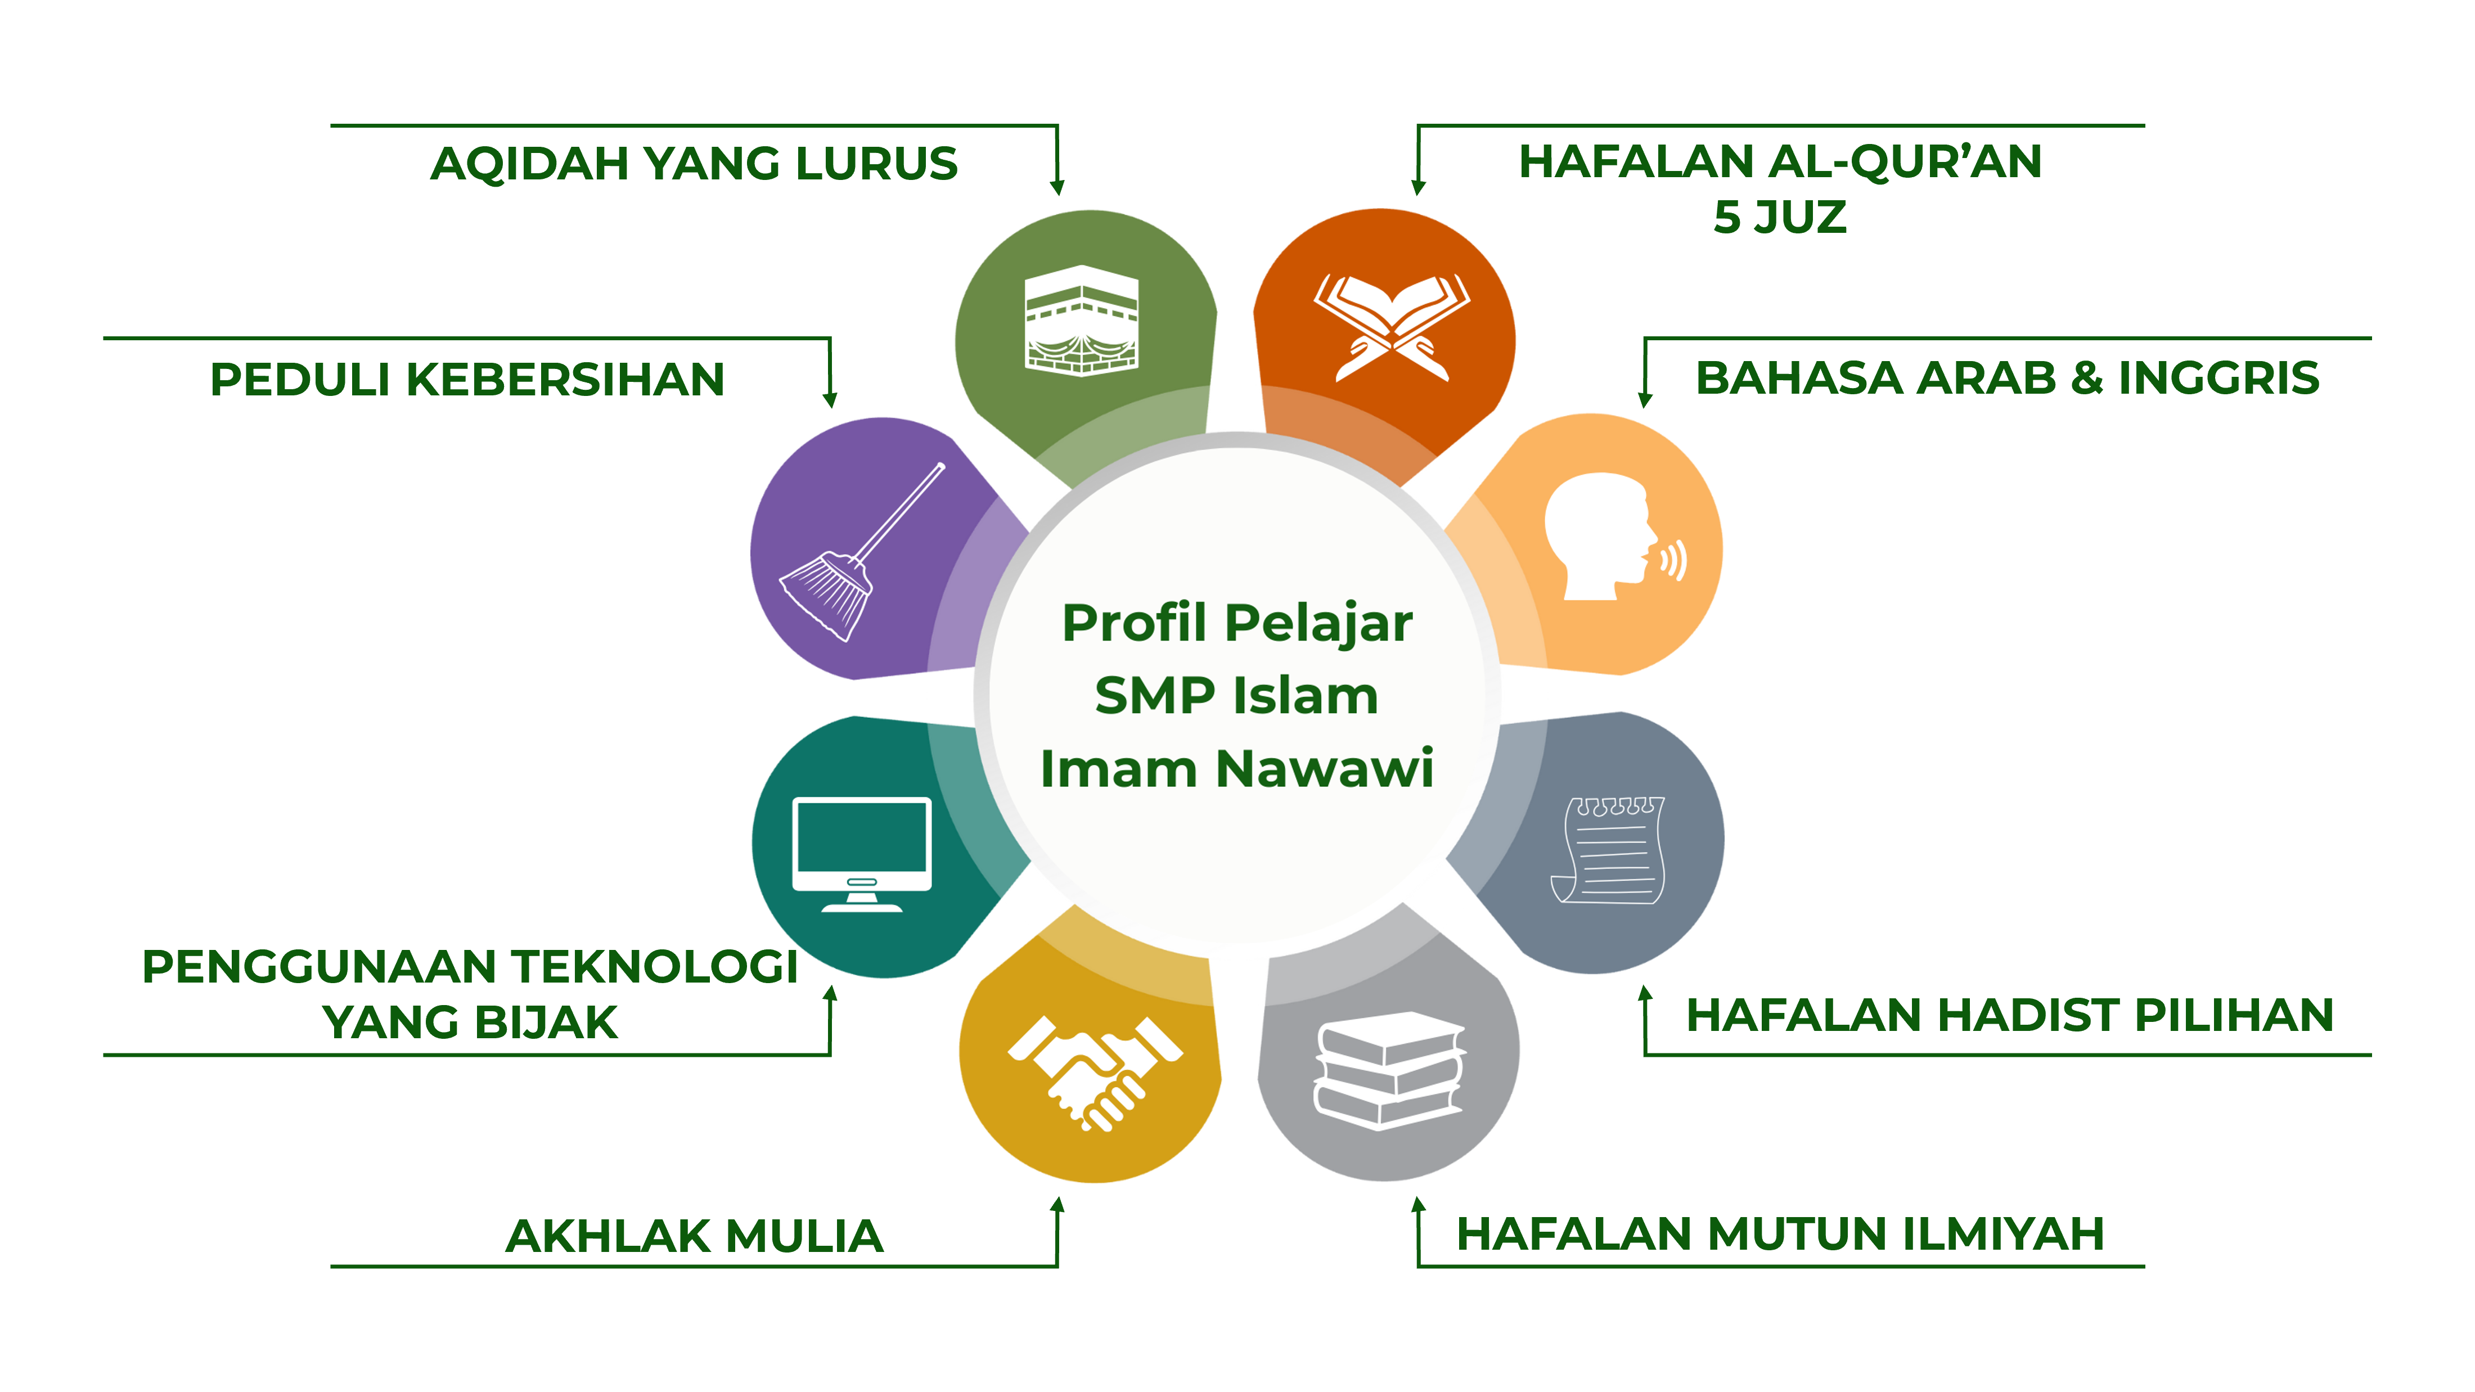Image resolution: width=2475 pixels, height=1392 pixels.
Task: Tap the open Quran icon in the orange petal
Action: click(x=1391, y=327)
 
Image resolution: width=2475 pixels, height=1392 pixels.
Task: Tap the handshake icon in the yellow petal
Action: click(x=1094, y=1072)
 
